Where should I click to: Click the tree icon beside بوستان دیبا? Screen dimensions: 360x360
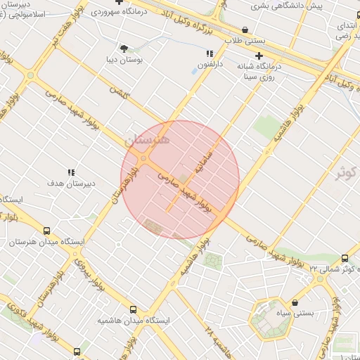pyautogui.click(x=124, y=49)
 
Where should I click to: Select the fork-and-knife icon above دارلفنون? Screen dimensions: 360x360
pyautogui.click(x=210, y=53)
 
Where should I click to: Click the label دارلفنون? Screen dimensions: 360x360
pyautogui.click(x=209, y=65)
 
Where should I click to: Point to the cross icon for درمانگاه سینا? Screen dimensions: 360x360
pyautogui.click(x=259, y=56)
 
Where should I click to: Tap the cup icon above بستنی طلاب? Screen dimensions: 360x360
pyautogui.click(x=244, y=30)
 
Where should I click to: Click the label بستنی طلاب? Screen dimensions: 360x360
pyautogui.click(x=244, y=41)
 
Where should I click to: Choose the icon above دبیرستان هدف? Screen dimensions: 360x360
pyautogui.click(x=70, y=172)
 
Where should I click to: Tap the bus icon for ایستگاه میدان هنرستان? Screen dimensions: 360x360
pyautogui.click(x=46, y=231)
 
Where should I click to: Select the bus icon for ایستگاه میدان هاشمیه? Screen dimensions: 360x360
pyautogui.click(x=133, y=309)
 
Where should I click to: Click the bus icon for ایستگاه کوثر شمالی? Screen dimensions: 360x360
pyautogui.click(x=345, y=258)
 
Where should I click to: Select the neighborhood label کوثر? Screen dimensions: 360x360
pyautogui.click(x=346, y=172)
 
